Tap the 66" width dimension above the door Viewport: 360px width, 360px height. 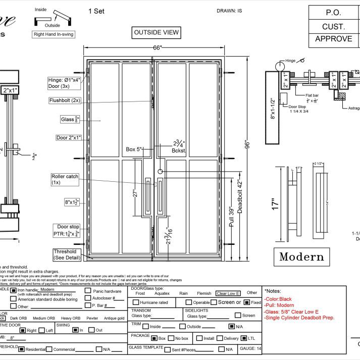click(x=158, y=47)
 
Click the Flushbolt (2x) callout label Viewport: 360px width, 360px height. click(x=65, y=100)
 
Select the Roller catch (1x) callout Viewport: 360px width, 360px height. click(x=65, y=179)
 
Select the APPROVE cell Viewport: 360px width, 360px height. click(x=333, y=39)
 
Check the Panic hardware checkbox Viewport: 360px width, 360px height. click(x=88, y=291)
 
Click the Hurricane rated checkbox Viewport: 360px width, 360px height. click(x=136, y=302)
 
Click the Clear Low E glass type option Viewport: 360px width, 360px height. click(x=228, y=293)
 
